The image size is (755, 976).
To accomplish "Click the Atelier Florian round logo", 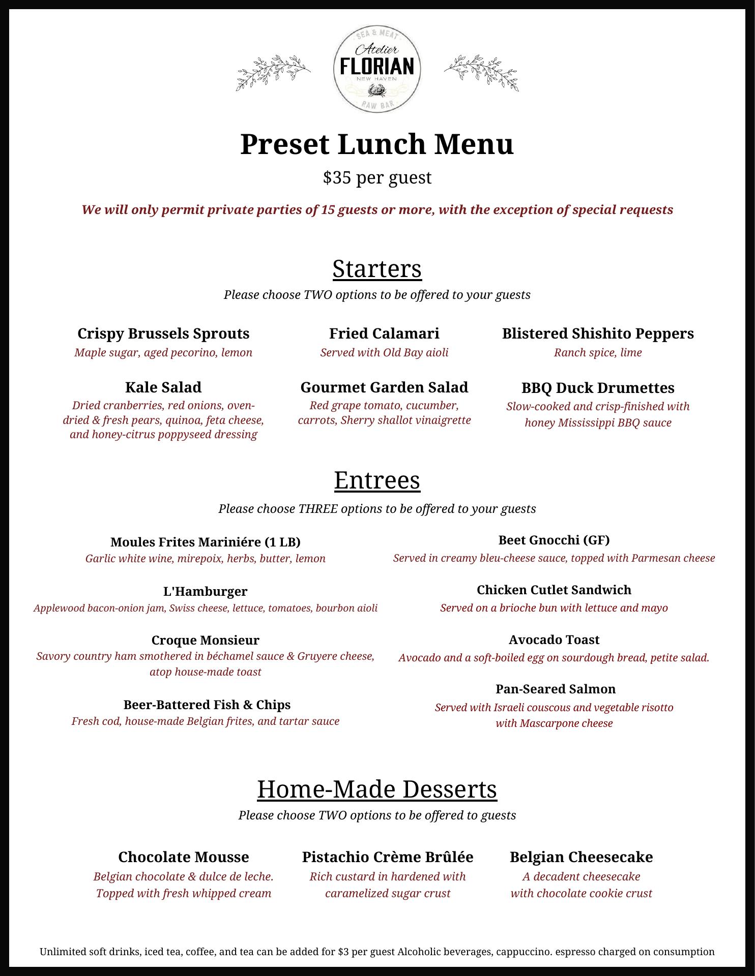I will click(377, 70).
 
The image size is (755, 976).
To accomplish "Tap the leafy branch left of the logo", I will click(273, 72).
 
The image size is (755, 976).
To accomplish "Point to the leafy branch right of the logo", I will click(481, 72).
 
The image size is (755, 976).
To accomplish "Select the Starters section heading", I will click(377, 268).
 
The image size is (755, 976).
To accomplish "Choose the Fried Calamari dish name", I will click(384, 333).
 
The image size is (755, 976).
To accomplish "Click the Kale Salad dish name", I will click(163, 387).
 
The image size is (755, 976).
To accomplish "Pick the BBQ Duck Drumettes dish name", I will click(598, 388).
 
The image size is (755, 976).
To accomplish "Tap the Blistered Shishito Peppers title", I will click(598, 333).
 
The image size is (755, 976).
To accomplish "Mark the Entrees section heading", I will click(377, 480).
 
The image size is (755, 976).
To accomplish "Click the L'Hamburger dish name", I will click(205, 591).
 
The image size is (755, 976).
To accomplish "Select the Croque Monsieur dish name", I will click(205, 640).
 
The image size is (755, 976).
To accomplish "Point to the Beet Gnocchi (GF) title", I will click(554, 540).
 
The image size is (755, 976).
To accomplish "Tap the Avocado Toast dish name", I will click(554, 639).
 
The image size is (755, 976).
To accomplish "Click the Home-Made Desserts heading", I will click(377, 789).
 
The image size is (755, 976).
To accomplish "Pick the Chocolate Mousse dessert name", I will click(184, 857).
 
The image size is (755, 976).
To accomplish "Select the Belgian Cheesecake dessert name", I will click(581, 857).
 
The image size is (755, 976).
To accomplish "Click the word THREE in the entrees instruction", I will click(317, 509).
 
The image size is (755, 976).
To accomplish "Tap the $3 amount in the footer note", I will click(343, 952).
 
